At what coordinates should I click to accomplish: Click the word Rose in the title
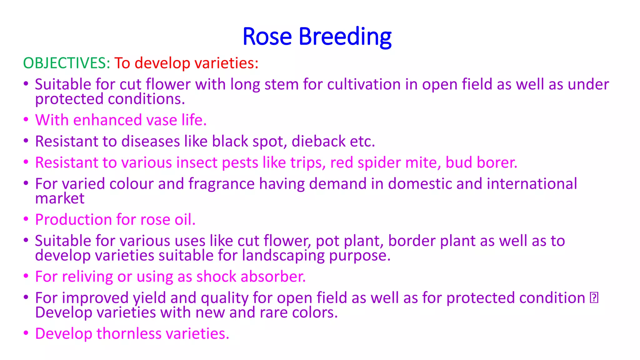tap(267, 37)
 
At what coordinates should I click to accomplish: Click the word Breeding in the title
tap(345, 37)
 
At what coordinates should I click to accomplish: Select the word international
tap(532, 184)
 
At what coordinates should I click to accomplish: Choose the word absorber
tap(273, 277)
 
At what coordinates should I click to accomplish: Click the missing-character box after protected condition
tap(594, 298)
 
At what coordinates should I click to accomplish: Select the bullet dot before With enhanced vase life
tap(26, 120)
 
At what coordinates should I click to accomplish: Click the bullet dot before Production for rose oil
tap(26, 219)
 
